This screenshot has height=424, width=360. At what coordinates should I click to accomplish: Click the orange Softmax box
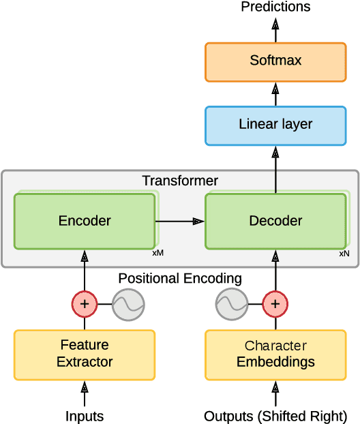tap(275, 61)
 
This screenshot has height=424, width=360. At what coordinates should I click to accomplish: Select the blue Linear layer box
tap(275, 125)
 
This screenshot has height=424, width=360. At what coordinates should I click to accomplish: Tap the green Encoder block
tap(85, 221)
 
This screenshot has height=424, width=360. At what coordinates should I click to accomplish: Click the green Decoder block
tap(275, 221)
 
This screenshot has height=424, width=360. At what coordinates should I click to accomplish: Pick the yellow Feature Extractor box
tap(85, 354)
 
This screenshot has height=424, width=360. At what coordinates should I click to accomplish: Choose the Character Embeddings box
tap(275, 354)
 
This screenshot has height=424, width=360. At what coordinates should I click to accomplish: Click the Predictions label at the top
tap(275, 7)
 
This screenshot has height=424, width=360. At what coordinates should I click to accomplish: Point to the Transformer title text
tap(180, 181)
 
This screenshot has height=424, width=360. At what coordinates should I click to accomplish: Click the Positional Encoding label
tap(180, 278)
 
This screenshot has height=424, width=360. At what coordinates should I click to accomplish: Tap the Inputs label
tap(85, 416)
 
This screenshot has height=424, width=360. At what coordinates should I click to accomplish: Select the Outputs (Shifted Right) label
tap(275, 416)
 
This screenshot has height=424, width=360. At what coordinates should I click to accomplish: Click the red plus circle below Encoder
tap(85, 304)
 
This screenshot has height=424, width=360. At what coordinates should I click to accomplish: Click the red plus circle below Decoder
tap(275, 304)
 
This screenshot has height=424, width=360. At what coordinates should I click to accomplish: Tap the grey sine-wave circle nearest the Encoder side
tap(128, 304)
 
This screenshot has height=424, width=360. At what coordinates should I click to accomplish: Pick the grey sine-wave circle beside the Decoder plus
tap(232, 304)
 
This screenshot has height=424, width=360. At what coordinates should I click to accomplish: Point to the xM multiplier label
tap(157, 253)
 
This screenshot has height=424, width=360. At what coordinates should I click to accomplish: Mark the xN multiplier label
tap(344, 253)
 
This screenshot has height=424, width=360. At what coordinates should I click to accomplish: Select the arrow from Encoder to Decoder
tap(180, 221)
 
